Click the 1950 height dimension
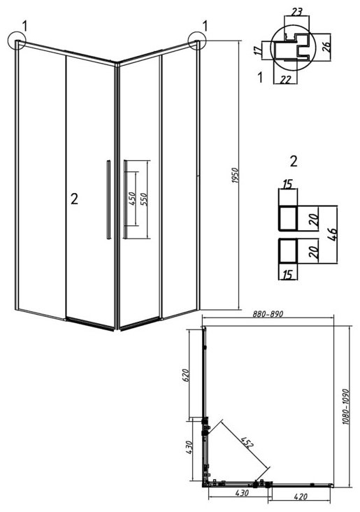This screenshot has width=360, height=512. coord(236,175)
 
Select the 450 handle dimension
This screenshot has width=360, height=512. coord(133,199)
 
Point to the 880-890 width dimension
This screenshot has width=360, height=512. coord(268,314)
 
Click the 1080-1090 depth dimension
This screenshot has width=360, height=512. coord(345,406)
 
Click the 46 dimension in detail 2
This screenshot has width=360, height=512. coord(332,234)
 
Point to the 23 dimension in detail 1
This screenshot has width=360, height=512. coord(296,12)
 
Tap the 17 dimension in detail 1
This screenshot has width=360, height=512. coord(258,50)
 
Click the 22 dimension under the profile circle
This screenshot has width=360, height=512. coord(286,79)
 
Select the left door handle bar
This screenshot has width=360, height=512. coord(108,199)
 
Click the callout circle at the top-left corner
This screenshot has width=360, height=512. coord(17,40)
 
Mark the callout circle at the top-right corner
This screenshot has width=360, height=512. coord(197,41)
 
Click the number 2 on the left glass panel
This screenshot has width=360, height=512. coord(74,199)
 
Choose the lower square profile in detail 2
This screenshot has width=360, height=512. coord(287,251)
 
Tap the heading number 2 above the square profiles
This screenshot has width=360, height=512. coord(294,162)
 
